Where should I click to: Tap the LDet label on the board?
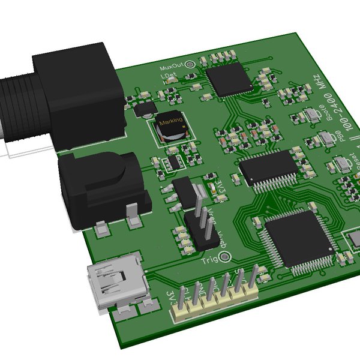coord(169,76)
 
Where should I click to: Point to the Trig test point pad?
coord(225,257)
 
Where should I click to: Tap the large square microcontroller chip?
coord(298,240)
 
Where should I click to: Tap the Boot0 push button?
coord(311,115)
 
